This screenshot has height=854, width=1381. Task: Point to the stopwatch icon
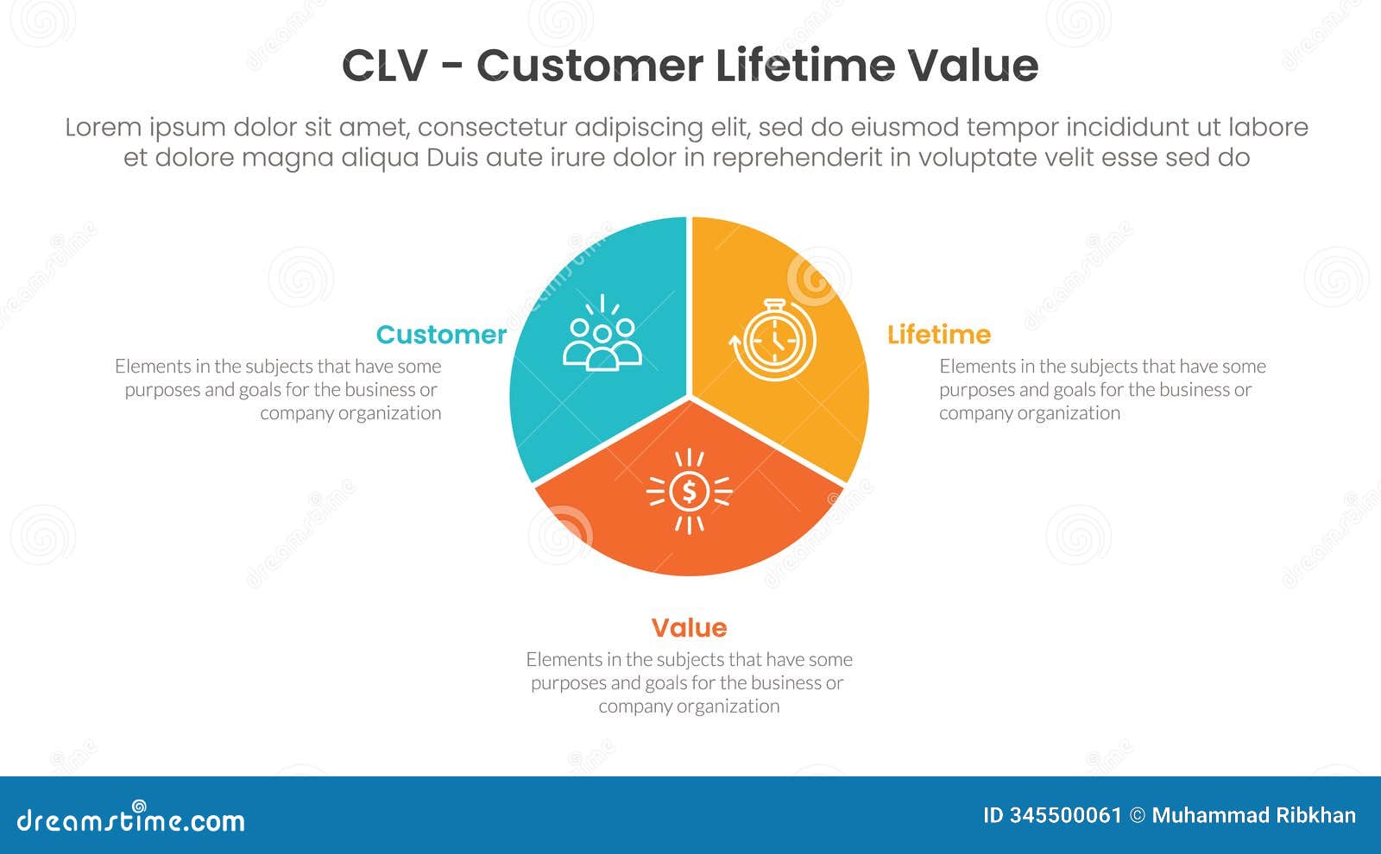tap(774, 341)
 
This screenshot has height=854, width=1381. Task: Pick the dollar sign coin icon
tap(689, 492)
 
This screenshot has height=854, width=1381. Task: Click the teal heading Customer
tap(441, 335)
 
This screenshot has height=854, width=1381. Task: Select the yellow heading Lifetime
tap(939, 335)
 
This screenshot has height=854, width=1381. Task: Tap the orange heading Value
tap(689, 628)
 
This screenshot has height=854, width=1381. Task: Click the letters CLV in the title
tap(384, 66)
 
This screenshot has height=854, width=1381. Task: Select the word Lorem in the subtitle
tap(104, 128)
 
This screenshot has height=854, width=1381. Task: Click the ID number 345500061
tap(1065, 816)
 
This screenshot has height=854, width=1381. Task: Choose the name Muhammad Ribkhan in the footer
tap(1254, 816)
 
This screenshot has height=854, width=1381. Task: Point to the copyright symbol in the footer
tap(1138, 816)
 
